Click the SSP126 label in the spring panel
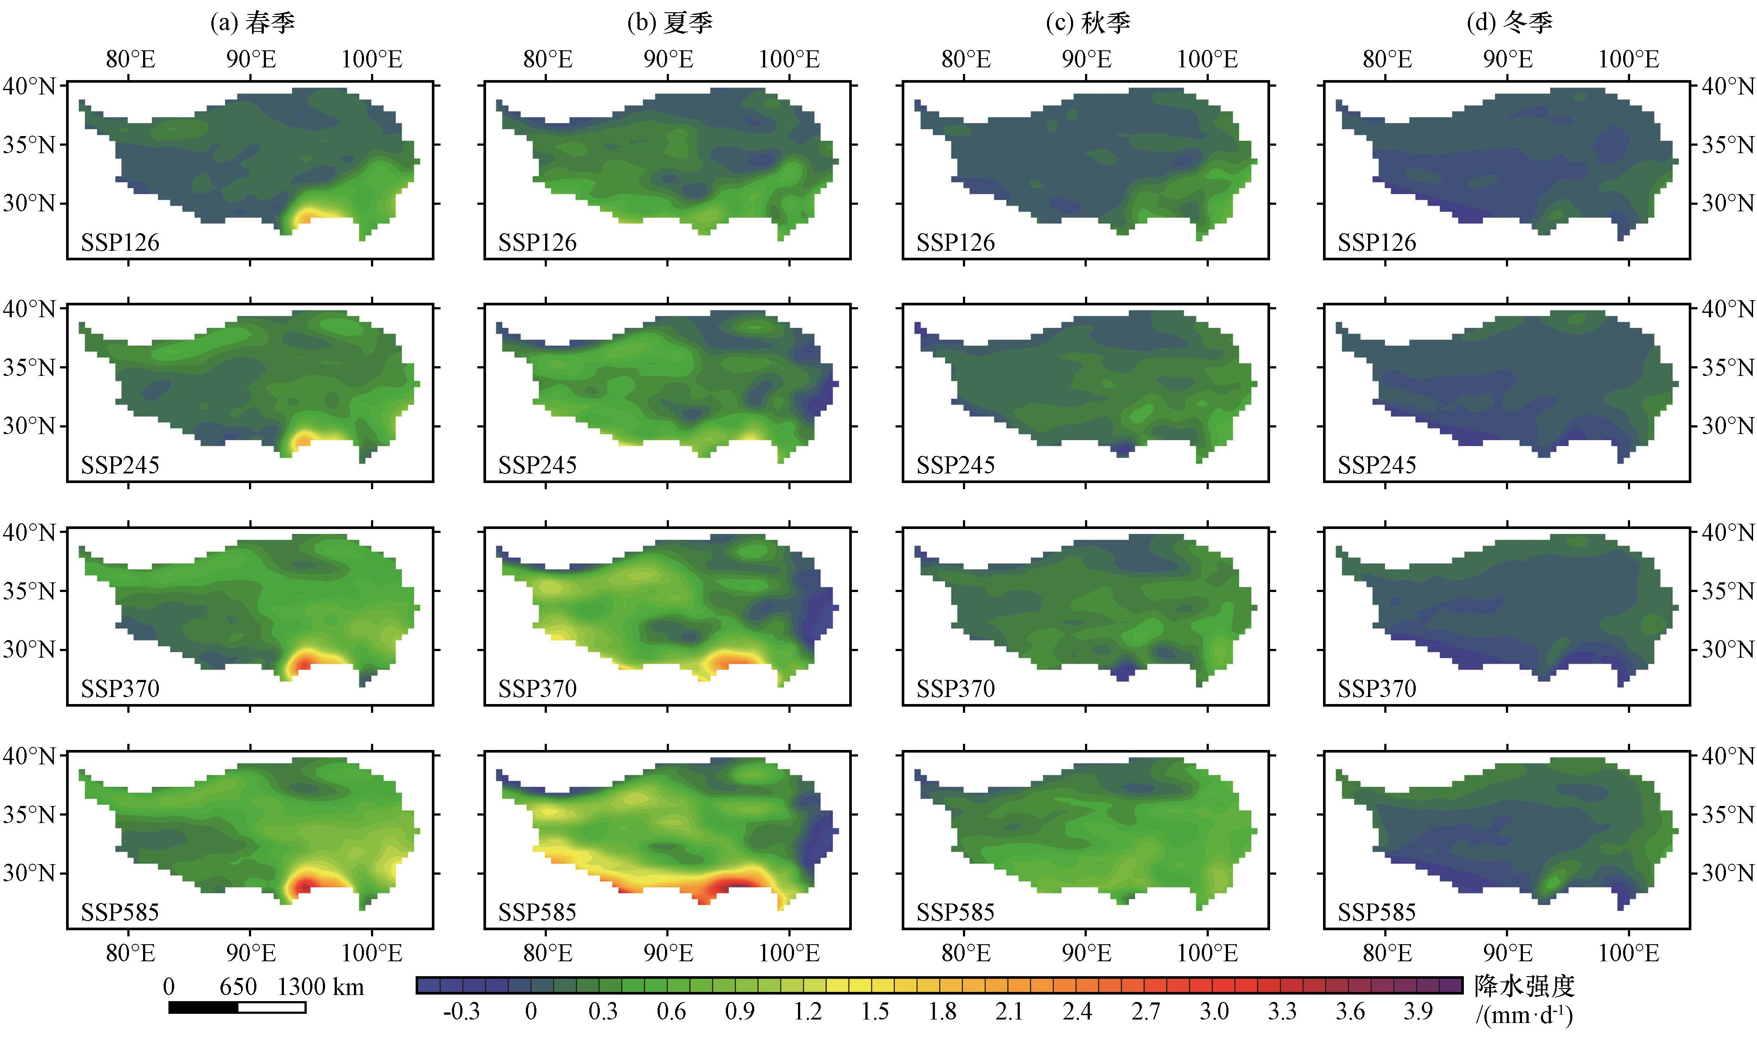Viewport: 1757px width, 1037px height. [120, 242]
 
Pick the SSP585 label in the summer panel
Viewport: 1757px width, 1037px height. [537, 912]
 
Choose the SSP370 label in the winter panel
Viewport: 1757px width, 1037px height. [1377, 688]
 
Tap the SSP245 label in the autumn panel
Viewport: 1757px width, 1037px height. [955, 465]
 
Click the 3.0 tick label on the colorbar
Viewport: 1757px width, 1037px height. [1214, 1011]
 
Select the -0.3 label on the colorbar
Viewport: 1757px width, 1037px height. [461, 1011]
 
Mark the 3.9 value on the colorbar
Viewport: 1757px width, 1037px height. [1418, 1011]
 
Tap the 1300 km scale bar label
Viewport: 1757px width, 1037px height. [321, 987]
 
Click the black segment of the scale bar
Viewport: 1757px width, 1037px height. [203, 1007]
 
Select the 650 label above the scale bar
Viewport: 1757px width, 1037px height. [238, 987]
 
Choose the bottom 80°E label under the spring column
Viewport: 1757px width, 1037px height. [131, 953]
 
